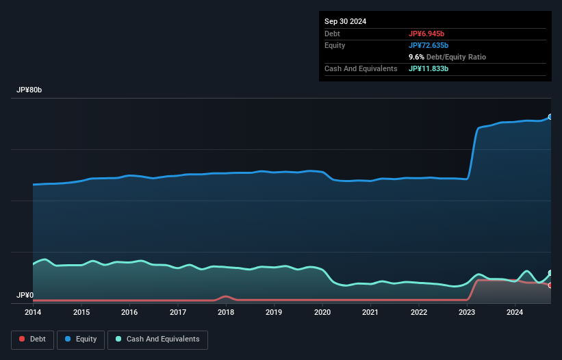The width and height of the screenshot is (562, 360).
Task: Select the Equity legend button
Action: [x=81, y=339]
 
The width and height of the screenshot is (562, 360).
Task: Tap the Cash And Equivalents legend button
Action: [x=157, y=339]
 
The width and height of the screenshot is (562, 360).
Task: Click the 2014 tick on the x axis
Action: [x=33, y=313]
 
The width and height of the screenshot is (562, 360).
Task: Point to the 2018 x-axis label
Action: [x=226, y=313]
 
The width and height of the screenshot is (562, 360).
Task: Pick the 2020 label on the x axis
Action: [x=322, y=313]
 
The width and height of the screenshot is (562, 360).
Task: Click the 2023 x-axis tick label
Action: [x=467, y=313]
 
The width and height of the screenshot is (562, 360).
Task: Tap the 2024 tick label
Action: [x=515, y=313]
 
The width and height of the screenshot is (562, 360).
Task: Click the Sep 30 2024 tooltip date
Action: [x=345, y=21]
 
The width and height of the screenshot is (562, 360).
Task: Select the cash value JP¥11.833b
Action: [x=433, y=68]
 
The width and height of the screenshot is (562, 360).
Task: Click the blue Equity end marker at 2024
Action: [x=550, y=117]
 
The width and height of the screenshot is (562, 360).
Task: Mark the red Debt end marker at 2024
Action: [x=550, y=285]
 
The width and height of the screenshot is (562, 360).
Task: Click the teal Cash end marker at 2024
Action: [x=550, y=273]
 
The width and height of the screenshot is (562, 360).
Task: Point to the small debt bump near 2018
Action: [x=226, y=296]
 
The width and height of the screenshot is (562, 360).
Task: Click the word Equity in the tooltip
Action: [x=335, y=45]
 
